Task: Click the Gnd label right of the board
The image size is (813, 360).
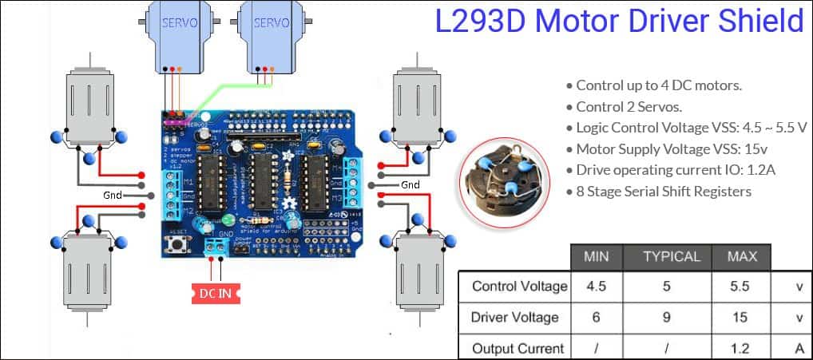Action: pos(410,184)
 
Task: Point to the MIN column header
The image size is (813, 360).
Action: pos(597,256)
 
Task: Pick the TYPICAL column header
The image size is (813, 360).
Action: pos(672,256)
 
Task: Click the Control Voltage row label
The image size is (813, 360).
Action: pos(519,286)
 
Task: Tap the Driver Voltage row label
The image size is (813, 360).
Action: pos(515,317)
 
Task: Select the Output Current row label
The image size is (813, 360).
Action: pos(518,348)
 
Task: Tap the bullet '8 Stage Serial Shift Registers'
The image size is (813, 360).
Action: pos(663,191)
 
